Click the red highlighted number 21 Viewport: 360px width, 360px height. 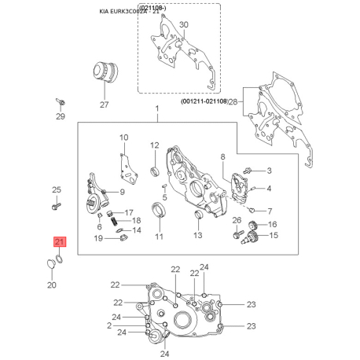[x=61, y=242]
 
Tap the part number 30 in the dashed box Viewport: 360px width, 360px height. [x=184, y=25]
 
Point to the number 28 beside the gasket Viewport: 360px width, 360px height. [x=233, y=101]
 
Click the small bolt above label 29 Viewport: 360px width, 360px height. [x=61, y=102]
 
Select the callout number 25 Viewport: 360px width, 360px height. [x=56, y=189]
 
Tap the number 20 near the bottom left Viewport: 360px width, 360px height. [x=52, y=284]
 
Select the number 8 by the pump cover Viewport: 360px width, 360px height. [x=222, y=157]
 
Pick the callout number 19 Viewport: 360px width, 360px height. [x=109, y=238]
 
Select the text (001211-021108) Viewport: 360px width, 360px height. [x=203, y=101]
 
